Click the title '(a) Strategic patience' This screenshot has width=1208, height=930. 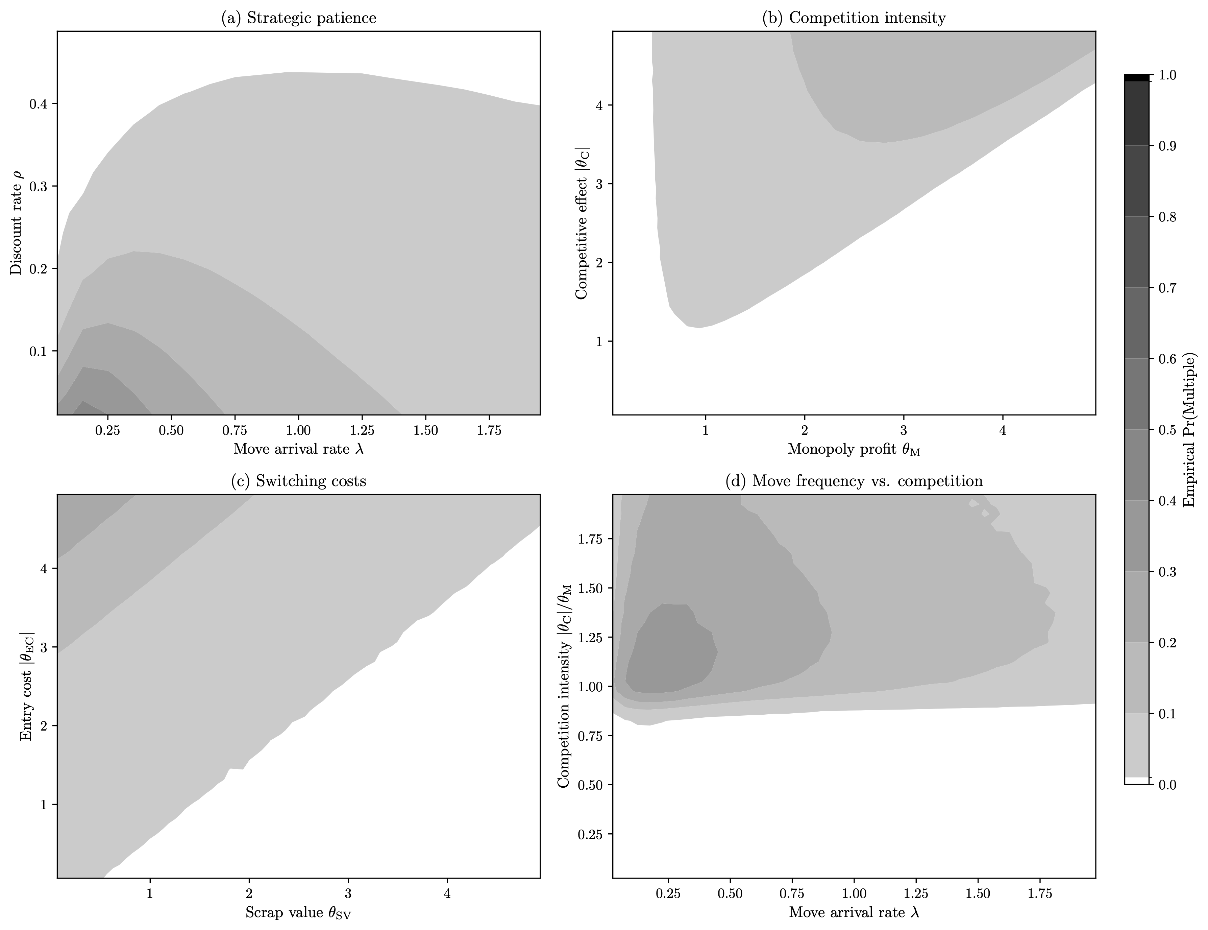click(x=299, y=18)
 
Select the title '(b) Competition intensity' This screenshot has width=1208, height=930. click(x=854, y=18)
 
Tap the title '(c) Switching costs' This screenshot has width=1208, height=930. click(x=299, y=481)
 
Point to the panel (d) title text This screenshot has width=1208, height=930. click(x=854, y=481)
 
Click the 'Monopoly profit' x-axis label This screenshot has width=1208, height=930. click(x=854, y=449)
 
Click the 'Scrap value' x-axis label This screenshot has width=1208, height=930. click(x=299, y=913)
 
